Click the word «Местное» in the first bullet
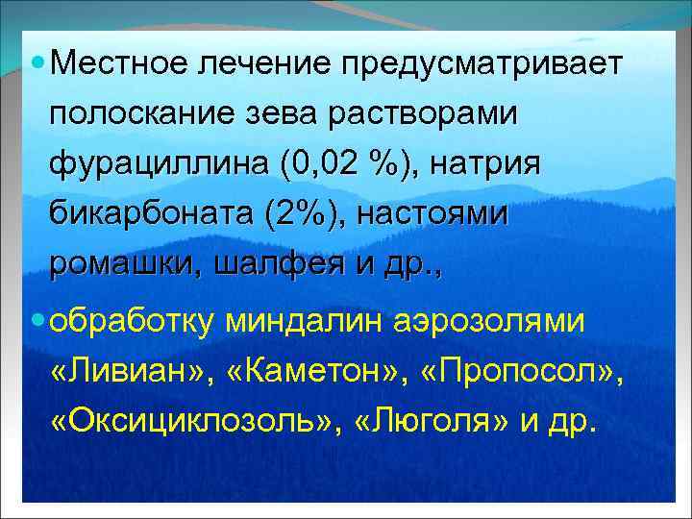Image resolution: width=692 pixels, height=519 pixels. [118, 64]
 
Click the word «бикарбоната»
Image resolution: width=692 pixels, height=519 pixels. [139, 213]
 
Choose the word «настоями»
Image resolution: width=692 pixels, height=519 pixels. [432, 213]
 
